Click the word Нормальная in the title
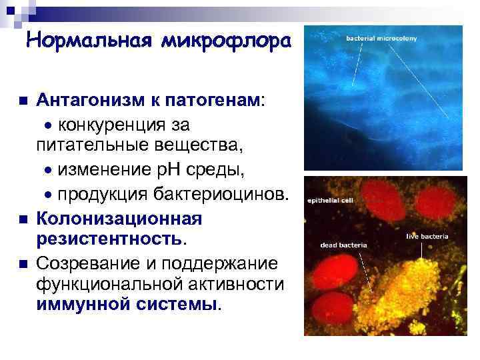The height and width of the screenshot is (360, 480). (x=90, y=41)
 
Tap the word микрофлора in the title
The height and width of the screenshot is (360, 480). (x=225, y=41)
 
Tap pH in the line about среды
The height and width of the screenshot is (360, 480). (x=169, y=169)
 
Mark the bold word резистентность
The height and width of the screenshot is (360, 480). (x=111, y=238)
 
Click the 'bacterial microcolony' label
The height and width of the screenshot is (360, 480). (x=381, y=39)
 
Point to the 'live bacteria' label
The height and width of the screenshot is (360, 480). (x=428, y=236)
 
